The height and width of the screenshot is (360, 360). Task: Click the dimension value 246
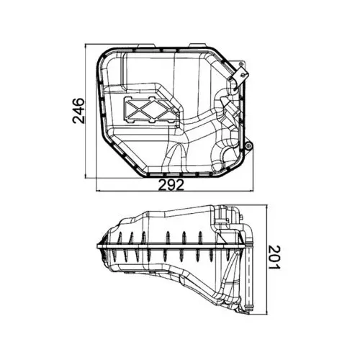coord(78,111)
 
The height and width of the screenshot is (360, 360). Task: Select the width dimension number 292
coord(171,185)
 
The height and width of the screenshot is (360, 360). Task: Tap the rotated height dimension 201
coord(274,257)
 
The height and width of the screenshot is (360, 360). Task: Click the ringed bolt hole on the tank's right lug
coord(249,145)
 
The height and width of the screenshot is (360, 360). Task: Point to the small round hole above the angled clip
coord(240,63)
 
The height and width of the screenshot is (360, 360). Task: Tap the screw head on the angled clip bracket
coord(244,75)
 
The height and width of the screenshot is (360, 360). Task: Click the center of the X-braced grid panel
coord(147,109)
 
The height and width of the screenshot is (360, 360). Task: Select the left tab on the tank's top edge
coord(145,45)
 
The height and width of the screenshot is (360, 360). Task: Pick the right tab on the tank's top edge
coord(197,45)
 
